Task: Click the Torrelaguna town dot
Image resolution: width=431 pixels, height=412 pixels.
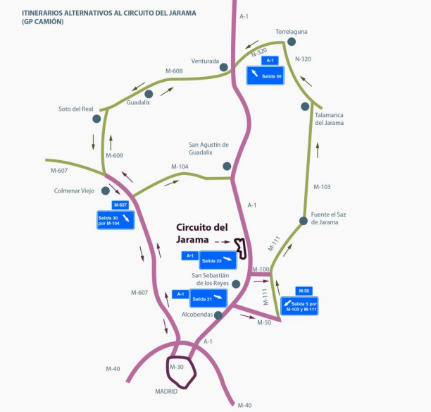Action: coord(292,42)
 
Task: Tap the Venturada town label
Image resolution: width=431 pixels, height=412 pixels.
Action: coord(205,61)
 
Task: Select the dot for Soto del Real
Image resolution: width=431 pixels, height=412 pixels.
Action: coord(96,119)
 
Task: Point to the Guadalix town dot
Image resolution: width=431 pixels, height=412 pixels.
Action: coord(149,94)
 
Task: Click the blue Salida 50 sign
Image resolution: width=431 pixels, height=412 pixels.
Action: coord(266,75)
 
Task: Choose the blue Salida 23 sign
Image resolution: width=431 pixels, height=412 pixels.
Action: coord(218,260)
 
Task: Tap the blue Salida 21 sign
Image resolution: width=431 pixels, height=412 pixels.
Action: coord(208,298)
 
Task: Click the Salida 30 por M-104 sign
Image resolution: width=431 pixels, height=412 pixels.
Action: coord(115,220)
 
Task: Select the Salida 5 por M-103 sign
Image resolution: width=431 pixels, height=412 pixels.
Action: coord(299,305)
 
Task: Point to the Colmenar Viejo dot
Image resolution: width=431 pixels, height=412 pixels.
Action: coord(106,190)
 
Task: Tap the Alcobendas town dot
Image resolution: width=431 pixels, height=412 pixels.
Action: coord(218,315)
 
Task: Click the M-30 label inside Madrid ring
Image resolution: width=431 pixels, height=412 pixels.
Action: coord(177,367)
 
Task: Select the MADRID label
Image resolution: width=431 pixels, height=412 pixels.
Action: coord(166,392)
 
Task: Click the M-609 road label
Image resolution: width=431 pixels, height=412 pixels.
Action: coord(114,155)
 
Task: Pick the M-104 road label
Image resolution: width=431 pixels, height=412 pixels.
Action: coord(180,166)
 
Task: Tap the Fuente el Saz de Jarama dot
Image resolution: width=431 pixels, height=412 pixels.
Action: coord(304,221)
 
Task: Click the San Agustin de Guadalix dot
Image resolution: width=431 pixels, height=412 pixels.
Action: coord(227,166)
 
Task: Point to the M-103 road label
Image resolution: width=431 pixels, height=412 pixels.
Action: coord(322,187)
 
